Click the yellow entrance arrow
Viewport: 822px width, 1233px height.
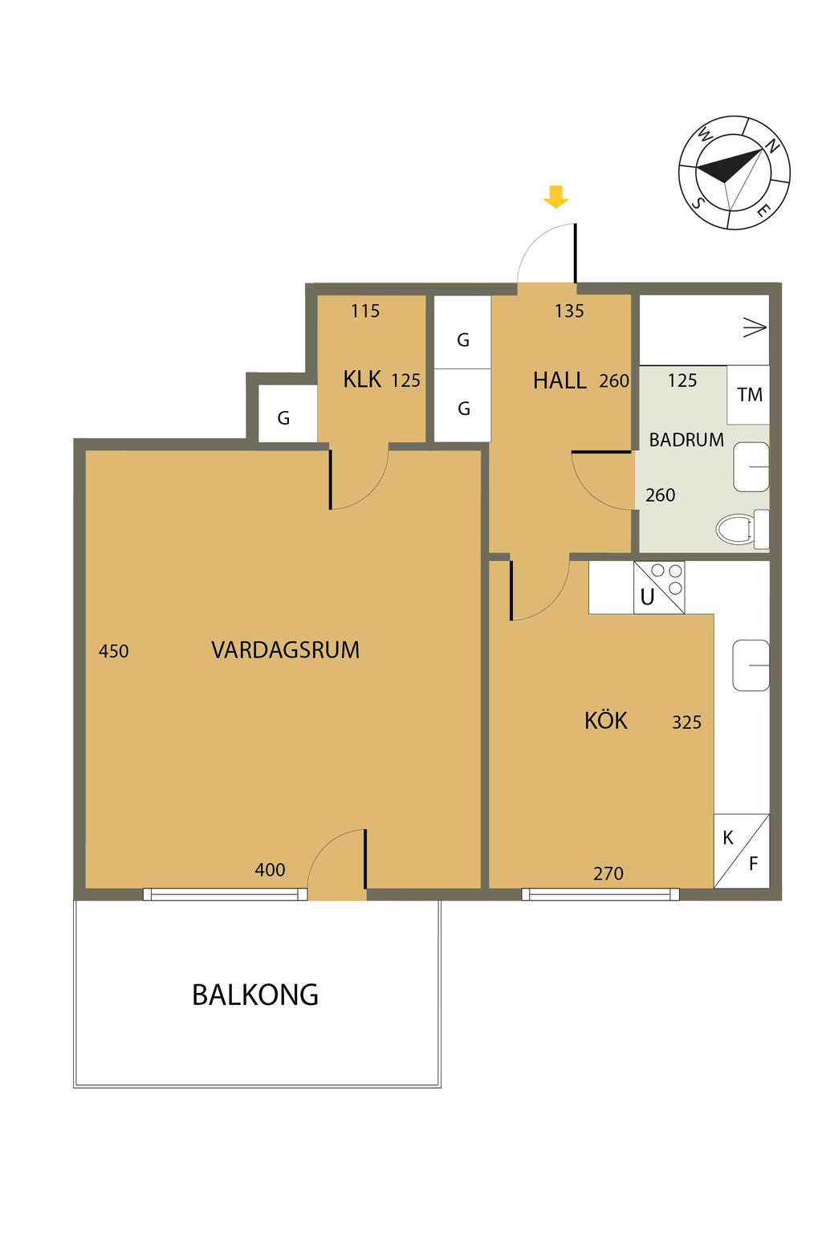pyautogui.click(x=555, y=197)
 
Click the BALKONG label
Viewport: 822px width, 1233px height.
pyautogui.click(x=255, y=995)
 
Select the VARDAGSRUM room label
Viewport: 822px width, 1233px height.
pyautogui.click(x=285, y=650)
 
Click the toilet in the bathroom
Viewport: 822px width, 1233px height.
pyautogui.click(x=743, y=529)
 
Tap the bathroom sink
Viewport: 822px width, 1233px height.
pyautogui.click(x=751, y=466)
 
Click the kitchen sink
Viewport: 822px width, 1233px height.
pyautogui.click(x=751, y=665)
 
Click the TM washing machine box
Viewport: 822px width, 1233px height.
pyautogui.click(x=747, y=394)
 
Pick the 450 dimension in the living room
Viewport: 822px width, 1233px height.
pyautogui.click(x=113, y=651)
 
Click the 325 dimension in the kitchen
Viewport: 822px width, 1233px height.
pyautogui.click(x=686, y=722)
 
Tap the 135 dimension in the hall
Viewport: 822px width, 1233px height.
pyautogui.click(x=569, y=311)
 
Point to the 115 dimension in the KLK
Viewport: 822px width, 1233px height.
pyautogui.click(x=365, y=311)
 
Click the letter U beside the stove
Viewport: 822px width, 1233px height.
pyautogui.click(x=647, y=596)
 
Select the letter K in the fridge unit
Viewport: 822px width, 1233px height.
pyautogui.click(x=728, y=838)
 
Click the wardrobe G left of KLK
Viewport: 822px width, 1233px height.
pyautogui.click(x=283, y=418)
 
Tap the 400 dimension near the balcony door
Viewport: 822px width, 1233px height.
pyautogui.click(x=270, y=869)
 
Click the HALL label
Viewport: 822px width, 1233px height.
pyautogui.click(x=560, y=380)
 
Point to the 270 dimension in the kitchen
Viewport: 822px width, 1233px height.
pyautogui.click(x=608, y=873)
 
